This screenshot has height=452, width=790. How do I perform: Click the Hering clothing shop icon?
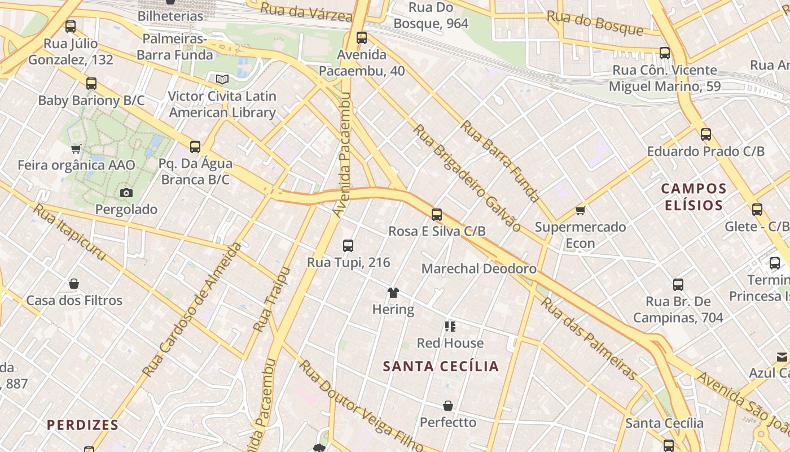point(393,293)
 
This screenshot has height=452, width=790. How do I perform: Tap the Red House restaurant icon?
point(450,326)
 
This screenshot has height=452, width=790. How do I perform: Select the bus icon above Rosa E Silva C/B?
point(437,215)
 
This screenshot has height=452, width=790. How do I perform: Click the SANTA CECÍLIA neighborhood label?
point(441,366)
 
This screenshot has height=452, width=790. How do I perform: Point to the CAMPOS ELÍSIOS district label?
point(694,196)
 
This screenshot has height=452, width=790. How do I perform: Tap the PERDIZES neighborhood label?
point(82,425)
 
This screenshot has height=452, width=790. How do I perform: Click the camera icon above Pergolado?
point(126,193)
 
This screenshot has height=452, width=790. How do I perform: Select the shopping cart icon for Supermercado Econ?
point(580,211)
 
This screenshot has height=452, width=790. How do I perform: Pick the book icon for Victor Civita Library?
point(222,80)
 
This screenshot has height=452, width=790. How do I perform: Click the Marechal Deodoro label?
point(479,268)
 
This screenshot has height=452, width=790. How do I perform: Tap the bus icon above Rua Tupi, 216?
point(348,246)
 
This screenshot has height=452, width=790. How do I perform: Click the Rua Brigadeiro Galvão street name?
point(467,177)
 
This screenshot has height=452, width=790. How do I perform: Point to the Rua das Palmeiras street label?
point(589,338)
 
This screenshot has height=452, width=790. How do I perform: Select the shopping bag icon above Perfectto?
point(448,406)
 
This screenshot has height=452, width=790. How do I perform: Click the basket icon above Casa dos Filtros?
point(74,284)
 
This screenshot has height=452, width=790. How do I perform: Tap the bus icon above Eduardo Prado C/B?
point(705,134)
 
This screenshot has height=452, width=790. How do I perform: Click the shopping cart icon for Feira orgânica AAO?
point(76,149)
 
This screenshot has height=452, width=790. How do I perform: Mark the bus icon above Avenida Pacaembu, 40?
point(362,38)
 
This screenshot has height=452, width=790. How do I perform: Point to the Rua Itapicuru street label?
point(69,232)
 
